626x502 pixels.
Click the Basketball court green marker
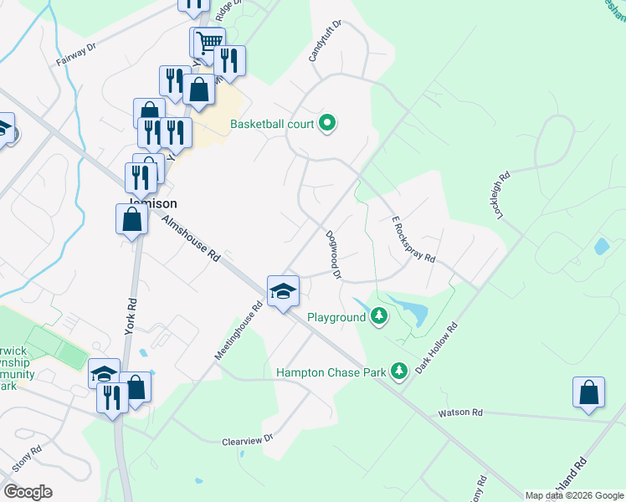tap(328, 124)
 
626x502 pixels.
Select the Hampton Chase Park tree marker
tap(400, 370)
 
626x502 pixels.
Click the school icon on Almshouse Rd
tap(284, 291)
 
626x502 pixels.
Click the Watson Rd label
tap(460, 412)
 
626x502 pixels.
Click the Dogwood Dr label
tap(333, 254)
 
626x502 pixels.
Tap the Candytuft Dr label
tap(315, 41)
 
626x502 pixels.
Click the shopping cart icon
tap(210, 40)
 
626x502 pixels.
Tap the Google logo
tap(28, 492)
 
